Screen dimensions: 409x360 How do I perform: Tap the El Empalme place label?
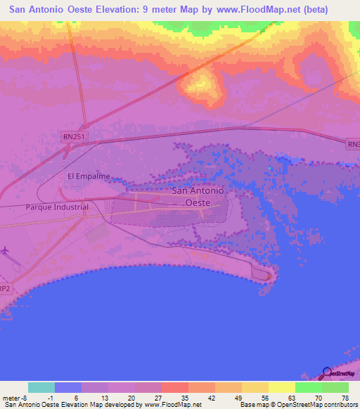tap(89, 176)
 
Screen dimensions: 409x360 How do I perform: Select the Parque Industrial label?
tap(57, 207)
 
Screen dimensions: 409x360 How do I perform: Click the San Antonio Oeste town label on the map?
tap(198, 196)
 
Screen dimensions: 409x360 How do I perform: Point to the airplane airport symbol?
tap(6, 250)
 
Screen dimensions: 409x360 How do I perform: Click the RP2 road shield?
tap(4, 288)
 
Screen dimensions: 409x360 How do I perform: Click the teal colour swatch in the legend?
tap(41, 387)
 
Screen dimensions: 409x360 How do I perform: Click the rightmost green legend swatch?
tap(335, 387)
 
